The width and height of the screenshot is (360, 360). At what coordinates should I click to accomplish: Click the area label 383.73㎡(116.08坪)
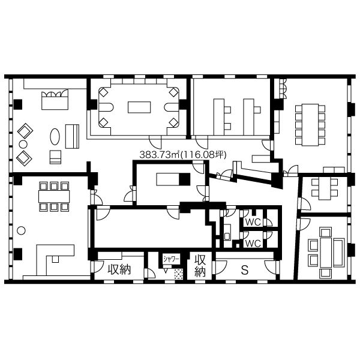(183, 155)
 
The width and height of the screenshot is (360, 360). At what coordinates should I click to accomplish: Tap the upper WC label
(253, 222)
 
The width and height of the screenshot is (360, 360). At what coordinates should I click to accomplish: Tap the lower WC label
(253, 244)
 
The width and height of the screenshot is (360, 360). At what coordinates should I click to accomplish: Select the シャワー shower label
(171, 259)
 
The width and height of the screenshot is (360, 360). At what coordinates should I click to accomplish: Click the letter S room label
(245, 270)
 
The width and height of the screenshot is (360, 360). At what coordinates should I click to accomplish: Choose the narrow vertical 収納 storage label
(200, 266)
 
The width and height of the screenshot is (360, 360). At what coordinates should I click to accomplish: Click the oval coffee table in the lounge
(55, 137)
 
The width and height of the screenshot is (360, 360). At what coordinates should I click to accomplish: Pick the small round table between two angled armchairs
(23, 145)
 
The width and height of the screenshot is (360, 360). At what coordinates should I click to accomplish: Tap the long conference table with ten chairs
(310, 125)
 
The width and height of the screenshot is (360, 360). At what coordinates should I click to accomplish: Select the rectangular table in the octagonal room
(139, 107)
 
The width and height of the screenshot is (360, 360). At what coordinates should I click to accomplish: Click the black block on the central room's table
(185, 179)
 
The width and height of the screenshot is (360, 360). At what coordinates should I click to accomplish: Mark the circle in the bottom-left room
(21, 230)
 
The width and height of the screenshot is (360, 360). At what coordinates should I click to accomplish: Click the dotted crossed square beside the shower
(179, 274)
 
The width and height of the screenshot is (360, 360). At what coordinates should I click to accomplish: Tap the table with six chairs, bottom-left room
(54, 197)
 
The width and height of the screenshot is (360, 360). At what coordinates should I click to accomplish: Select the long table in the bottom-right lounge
(326, 253)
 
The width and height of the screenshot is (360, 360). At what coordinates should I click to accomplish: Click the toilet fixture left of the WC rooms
(227, 232)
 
